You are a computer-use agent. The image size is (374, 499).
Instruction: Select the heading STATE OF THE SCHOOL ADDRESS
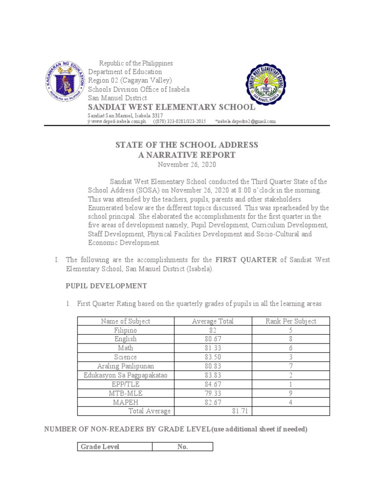pyautogui.click(x=187, y=145)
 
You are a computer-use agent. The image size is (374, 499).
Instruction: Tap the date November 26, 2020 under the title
pyautogui.click(x=187, y=164)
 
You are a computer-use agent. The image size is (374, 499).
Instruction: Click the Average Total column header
pyautogui.click(x=213, y=321)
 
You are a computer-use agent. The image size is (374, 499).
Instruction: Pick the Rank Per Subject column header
pyautogui.click(x=291, y=321)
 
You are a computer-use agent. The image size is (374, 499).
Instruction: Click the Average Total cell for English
pyautogui.click(x=213, y=339)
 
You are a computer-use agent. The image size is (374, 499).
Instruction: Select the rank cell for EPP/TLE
pyautogui.click(x=291, y=384)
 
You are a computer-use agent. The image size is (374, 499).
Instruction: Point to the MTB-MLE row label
pyautogui.click(x=125, y=393)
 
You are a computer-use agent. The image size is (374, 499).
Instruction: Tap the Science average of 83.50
pyautogui.click(x=213, y=357)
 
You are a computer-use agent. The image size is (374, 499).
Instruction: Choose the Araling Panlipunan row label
pyautogui.click(x=125, y=366)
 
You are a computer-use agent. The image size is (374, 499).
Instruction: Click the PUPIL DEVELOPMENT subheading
pyautogui.click(x=106, y=286)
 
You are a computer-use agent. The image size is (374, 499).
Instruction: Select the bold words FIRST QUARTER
pyautogui.click(x=246, y=260)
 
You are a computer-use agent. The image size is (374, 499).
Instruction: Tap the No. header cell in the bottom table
pyautogui.click(x=183, y=447)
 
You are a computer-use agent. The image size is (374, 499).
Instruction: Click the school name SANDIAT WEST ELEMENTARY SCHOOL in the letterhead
pyautogui.click(x=170, y=107)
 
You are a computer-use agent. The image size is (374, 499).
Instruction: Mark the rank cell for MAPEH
pyautogui.click(x=291, y=402)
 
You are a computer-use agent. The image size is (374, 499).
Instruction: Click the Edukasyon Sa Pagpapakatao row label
pyautogui.click(x=125, y=375)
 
